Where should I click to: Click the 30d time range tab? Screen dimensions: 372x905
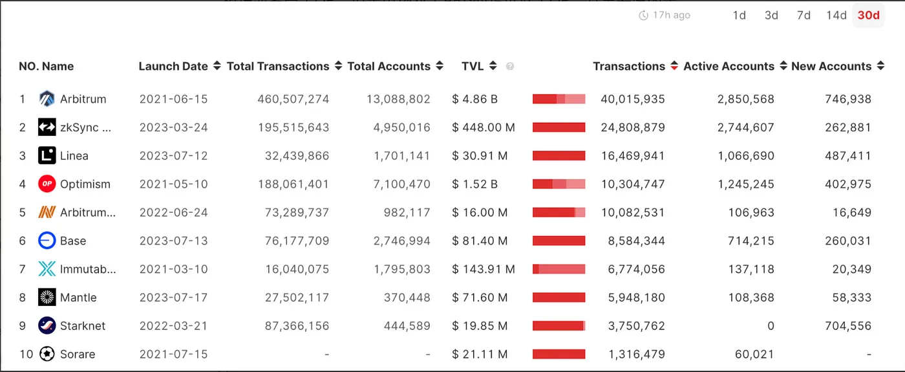coord(868,16)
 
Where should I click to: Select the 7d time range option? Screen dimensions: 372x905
coord(804,16)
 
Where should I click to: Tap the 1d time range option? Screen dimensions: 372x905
coord(740,16)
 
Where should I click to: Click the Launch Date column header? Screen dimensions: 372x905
coord(173,66)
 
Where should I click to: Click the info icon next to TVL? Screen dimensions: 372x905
coord(510,67)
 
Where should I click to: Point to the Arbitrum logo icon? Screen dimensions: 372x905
coord(47,99)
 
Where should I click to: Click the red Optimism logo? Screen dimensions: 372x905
coord(47,184)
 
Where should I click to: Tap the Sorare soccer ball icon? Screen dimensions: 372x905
coord(47,354)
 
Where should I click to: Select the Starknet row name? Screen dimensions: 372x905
coord(82,326)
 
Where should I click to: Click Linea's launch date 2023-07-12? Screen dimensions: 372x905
coord(173,156)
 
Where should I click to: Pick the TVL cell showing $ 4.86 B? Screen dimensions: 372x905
coord(475,99)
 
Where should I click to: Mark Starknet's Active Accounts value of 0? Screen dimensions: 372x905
coord(771,326)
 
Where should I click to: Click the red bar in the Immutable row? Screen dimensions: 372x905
coord(559,269)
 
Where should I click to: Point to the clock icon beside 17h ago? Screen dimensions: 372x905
coord(643,16)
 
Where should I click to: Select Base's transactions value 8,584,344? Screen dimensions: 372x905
coord(637,241)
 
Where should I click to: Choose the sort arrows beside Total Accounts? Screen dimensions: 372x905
coord(440,66)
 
